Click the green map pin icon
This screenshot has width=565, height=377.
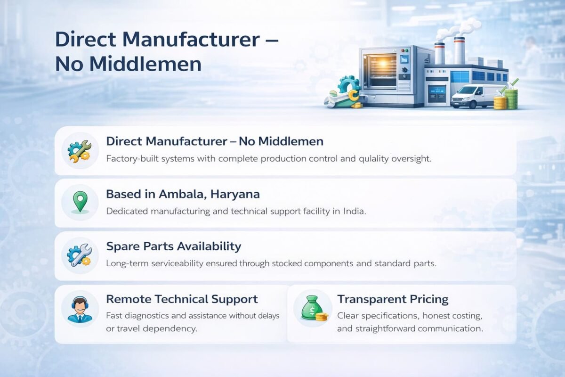tap(80, 202)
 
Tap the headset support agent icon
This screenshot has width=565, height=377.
tap(80, 309)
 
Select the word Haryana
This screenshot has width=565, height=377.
tap(235, 195)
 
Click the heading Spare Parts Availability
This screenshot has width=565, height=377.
tap(174, 246)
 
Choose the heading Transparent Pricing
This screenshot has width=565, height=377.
tap(393, 299)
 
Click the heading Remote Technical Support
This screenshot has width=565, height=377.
tap(182, 299)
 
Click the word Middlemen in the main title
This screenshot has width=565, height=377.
tap(145, 64)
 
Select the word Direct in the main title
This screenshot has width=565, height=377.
tap(86, 40)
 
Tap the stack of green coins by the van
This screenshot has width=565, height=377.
tap(511, 97)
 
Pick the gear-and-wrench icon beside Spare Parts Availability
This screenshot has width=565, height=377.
tap(80, 255)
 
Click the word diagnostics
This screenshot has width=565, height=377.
tap(147, 316)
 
